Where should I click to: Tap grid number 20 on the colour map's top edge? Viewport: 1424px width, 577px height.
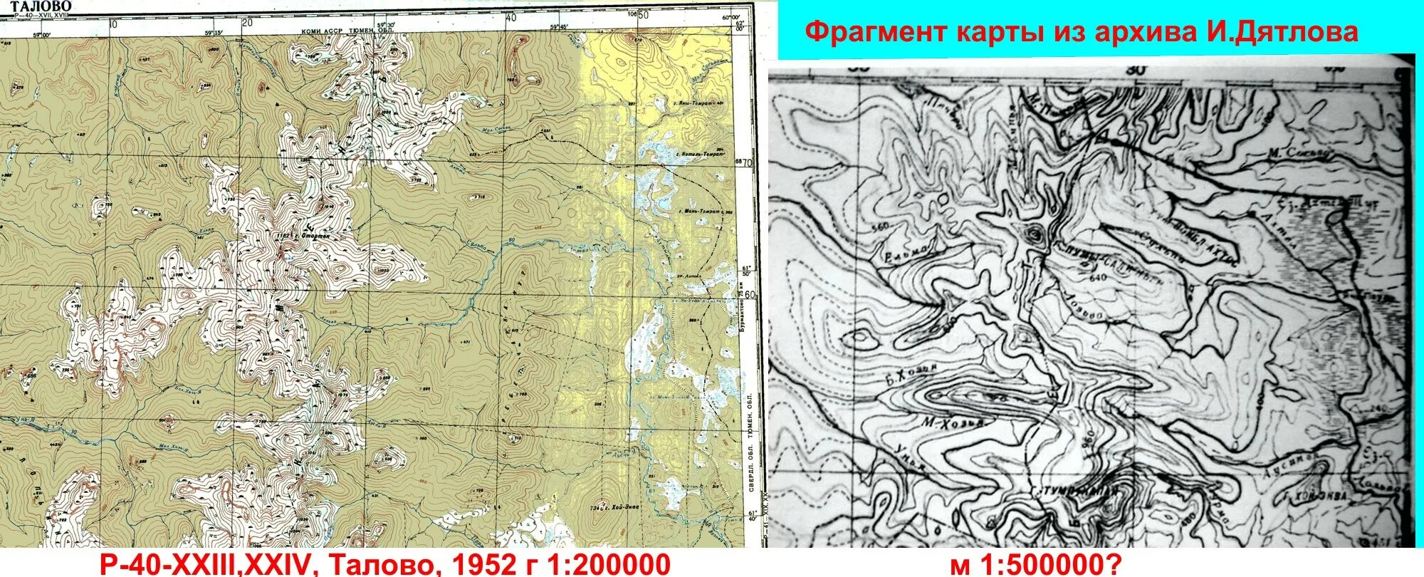pos(247,21)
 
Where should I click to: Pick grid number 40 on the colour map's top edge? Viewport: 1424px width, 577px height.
pos(510,19)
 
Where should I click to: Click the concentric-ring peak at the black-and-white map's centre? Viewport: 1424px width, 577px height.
pos(1035,233)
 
